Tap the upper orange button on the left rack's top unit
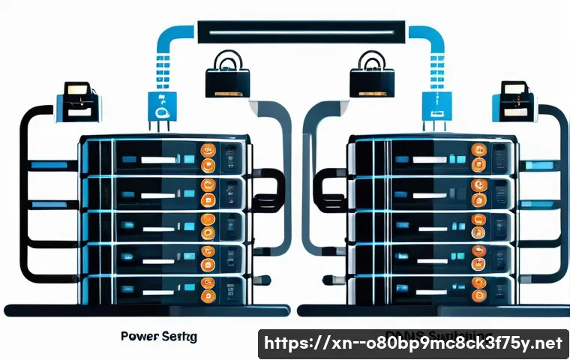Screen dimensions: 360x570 207,150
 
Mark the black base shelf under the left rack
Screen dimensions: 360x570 146,310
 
